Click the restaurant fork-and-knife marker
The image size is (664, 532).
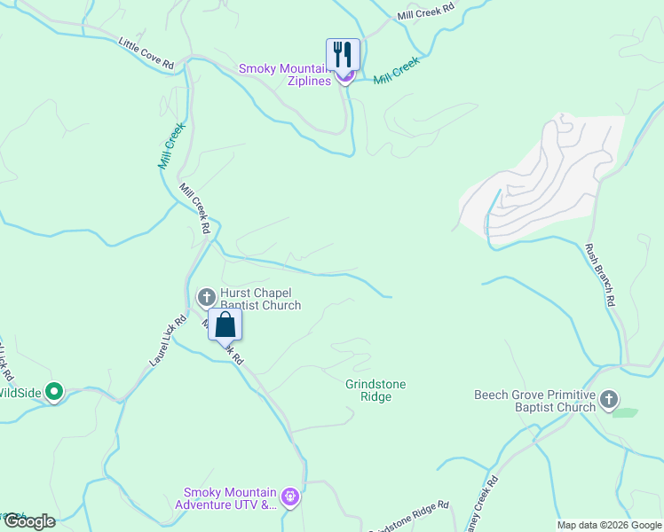[x=343, y=55]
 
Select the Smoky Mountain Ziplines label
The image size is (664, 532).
[x=285, y=74]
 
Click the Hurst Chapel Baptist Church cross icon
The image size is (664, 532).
[x=206, y=297]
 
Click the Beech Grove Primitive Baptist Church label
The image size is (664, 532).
[x=534, y=402]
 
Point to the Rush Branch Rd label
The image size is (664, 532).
[x=599, y=275]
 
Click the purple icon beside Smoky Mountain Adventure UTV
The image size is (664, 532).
[x=289, y=499]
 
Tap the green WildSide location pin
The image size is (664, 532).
[x=54, y=390]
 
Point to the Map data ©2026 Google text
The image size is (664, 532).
[x=608, y=525]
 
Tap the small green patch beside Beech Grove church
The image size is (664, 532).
[x=625, y=412]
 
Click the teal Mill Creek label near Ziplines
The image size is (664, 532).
[x=396, y=72]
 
